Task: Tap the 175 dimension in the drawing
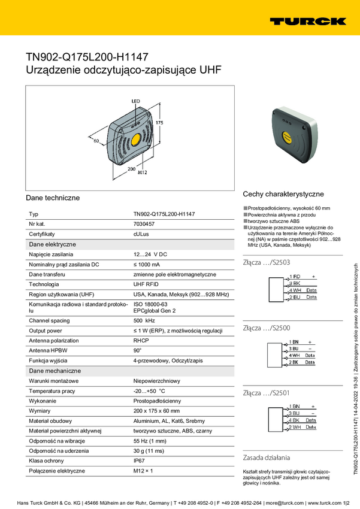tap(159, 122)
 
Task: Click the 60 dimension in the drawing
tap(95, 141)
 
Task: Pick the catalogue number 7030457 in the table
tap(144, 223)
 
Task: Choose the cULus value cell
tap(141, 234)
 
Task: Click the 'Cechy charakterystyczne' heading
tap(283, 194)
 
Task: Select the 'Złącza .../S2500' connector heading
tap(267, 328)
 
